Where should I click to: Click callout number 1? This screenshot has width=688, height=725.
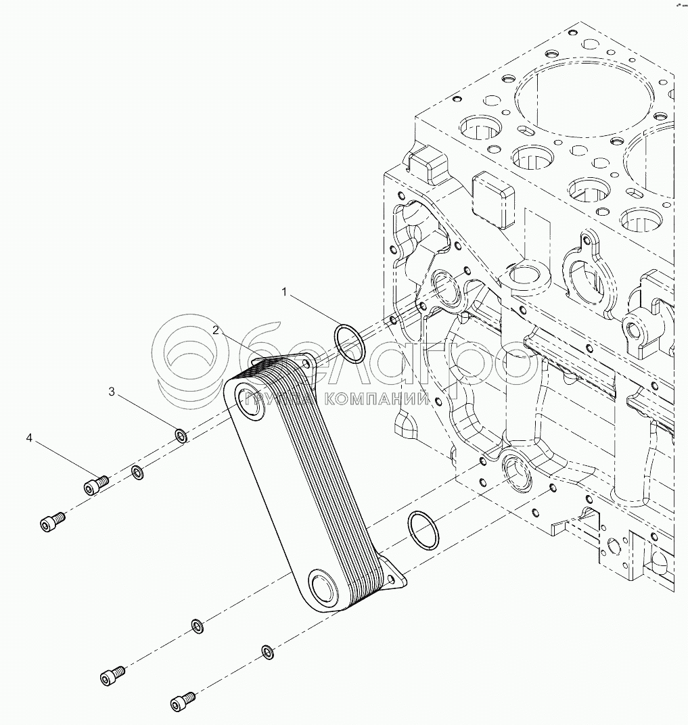click(285, 292)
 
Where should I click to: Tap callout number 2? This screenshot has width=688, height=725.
click(215, 330)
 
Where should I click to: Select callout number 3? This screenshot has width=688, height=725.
click(113, 392)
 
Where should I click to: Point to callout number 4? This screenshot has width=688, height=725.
click(29, 439)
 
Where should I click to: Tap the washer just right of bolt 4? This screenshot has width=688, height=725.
click(136, 471)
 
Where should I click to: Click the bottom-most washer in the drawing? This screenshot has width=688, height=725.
click(267, 651)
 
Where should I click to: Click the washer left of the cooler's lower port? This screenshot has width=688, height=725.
click(197, 626)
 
